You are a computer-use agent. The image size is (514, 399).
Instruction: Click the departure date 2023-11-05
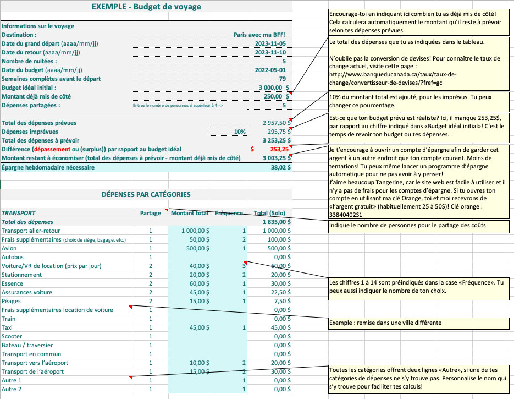[x=270, y=43]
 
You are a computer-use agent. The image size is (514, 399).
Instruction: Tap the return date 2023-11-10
[x=270, y=52]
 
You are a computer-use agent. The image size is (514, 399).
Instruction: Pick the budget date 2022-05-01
[x=270, y=70]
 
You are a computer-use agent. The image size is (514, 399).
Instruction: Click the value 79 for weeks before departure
[x=282, y=79]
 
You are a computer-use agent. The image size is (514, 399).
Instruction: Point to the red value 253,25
[x=280, y=149]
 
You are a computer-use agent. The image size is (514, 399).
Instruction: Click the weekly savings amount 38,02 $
[x=279, y=167]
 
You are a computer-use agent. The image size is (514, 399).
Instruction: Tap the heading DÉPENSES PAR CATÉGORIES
[x=146, y=194]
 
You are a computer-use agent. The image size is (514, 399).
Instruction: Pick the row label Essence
[x=13, y=283]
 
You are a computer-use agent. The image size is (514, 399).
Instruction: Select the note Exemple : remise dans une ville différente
[x=385, y=323]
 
